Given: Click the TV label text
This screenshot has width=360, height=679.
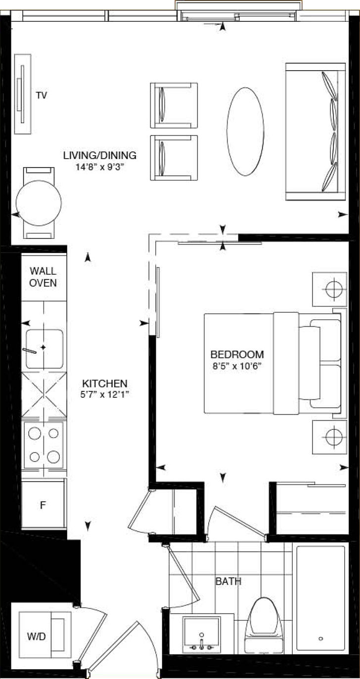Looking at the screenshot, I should coord(42,96).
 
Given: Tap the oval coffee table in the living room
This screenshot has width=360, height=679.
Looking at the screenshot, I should coord(245,131).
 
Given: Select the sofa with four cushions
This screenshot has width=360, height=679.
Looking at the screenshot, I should coord(315,131).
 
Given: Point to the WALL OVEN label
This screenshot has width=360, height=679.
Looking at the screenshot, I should coord(43,277).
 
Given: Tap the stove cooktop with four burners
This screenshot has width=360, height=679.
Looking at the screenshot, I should coord(44,445).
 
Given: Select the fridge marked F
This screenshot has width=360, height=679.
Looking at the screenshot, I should coord(43,505).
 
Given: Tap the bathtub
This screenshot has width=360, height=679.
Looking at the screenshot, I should coord(320,598).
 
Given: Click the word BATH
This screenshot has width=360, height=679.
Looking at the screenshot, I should coord(228,582).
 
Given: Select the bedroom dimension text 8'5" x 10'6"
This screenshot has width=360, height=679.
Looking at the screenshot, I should coord(237,366).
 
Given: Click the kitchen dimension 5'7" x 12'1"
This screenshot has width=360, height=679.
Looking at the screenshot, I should coord(105,395).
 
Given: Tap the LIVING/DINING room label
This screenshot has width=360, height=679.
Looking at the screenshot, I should coord(99,156).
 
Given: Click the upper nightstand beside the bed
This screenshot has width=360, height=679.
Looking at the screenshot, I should coord(329,289).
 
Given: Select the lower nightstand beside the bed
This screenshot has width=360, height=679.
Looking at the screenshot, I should coord(329,437).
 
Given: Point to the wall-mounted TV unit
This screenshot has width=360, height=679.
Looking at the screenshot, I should coord(22,94).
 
